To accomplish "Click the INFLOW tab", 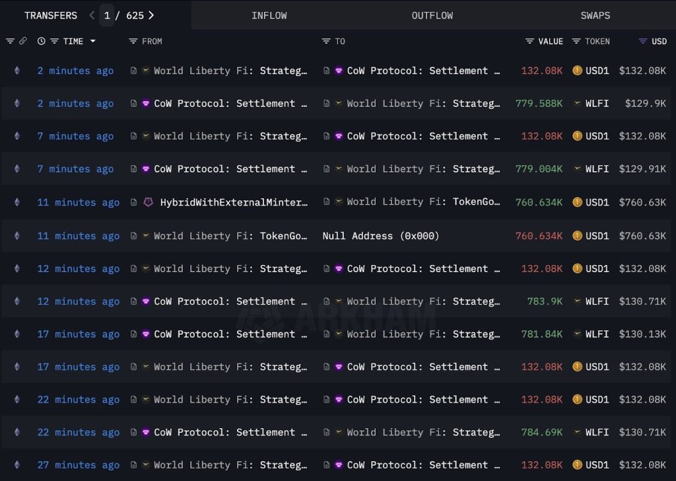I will [269, 15].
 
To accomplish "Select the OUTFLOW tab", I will [432, 15].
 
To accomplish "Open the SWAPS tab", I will [595, 15].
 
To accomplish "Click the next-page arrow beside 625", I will [151, 15].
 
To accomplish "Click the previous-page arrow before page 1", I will [92, 15].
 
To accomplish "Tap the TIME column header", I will [73, 41].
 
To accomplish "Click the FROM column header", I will [152, 41].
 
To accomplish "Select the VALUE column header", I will [550, 41].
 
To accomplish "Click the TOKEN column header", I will [597, 41].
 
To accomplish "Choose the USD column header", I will [659, 41].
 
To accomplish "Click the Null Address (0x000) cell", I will [381, 236].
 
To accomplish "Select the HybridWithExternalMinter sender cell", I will [234, 202].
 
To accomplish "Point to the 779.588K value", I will [539, 104].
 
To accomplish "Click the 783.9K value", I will [545, 301].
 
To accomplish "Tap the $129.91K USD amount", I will [642, 169].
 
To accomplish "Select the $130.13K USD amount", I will [642, 334].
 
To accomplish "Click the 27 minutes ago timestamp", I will [79, 465].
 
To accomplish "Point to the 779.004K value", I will [539, 169].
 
